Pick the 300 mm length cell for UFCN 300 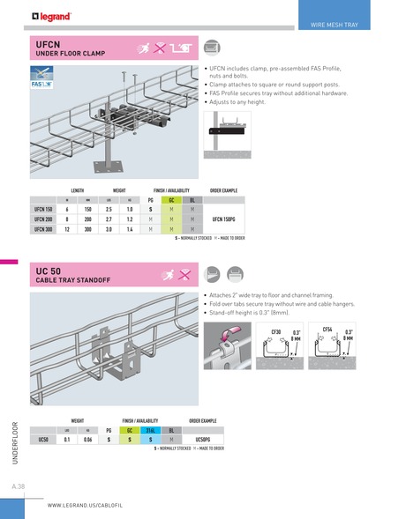88,227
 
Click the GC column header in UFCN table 172,200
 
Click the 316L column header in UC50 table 153,429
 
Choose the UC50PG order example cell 203,438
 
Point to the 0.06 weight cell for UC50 87,438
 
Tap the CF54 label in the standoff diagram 327,329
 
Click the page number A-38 18,486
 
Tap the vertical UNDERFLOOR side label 15,441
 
